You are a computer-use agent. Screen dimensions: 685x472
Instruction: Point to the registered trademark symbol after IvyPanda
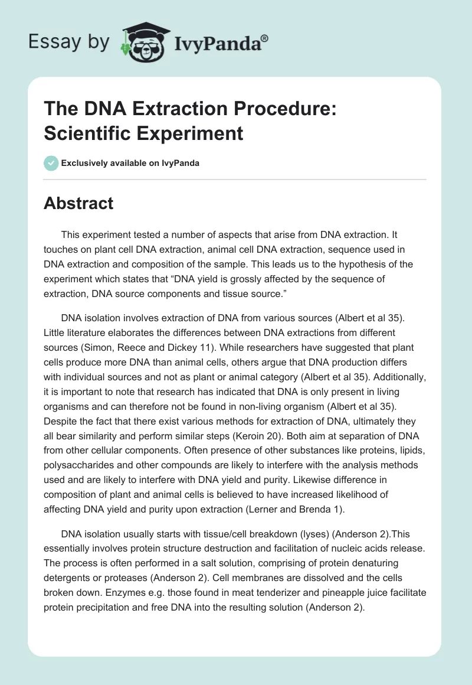point(265,37)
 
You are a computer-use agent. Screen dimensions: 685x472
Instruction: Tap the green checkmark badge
point(51,163)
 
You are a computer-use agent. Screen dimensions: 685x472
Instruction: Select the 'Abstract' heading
point(78,203)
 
